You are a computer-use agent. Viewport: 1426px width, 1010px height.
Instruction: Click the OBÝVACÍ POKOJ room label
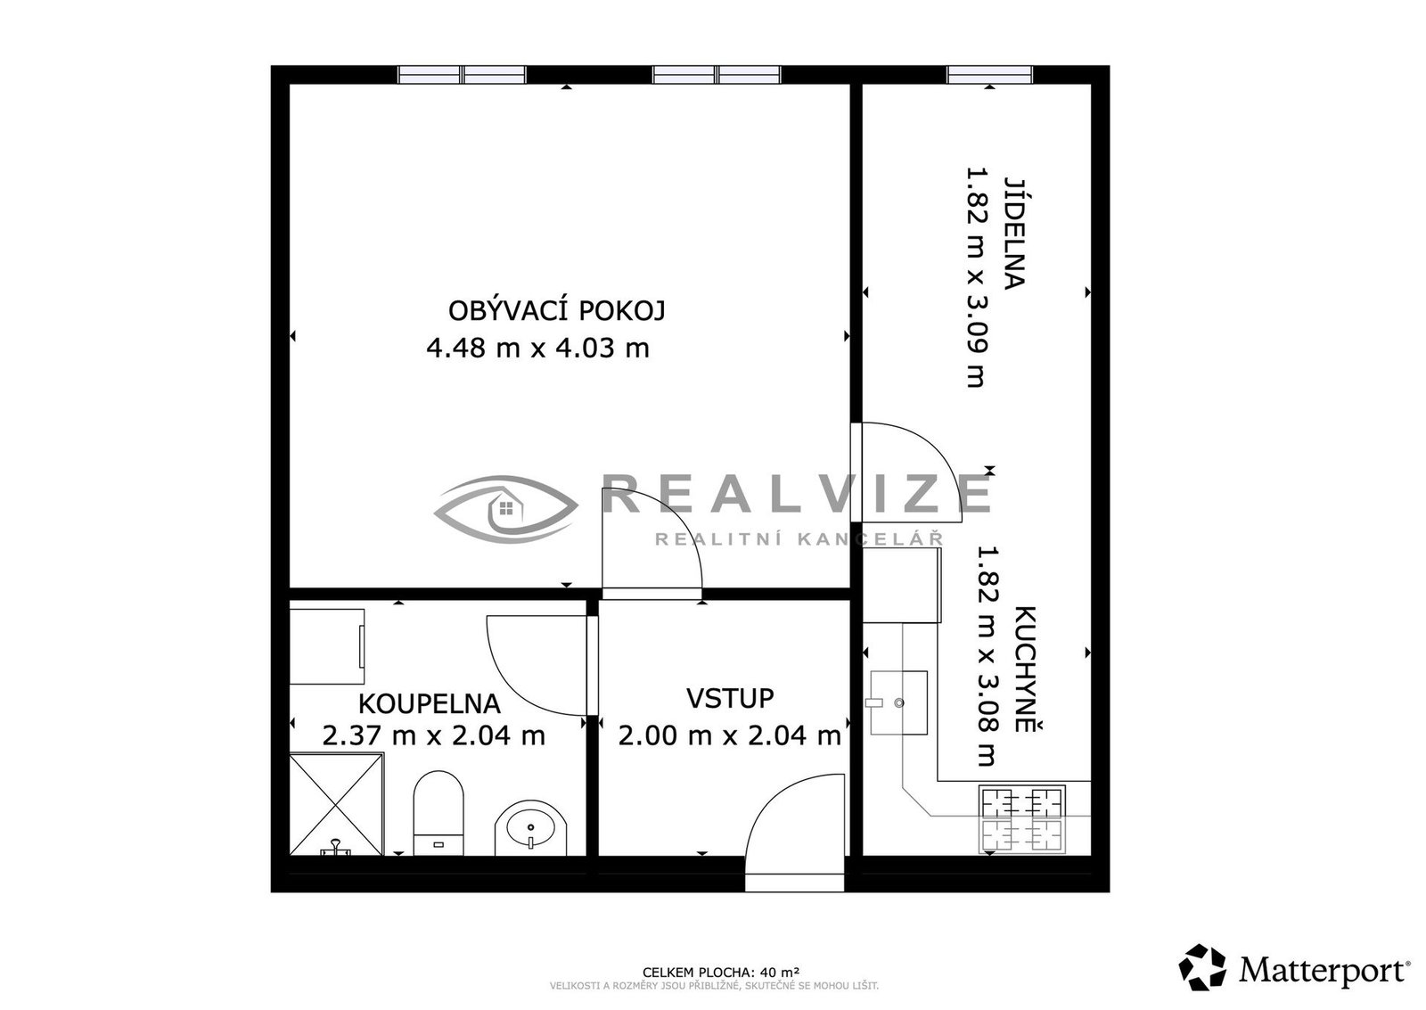[x=557, y=311]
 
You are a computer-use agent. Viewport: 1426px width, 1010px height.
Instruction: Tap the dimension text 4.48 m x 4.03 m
[x=538, y=349]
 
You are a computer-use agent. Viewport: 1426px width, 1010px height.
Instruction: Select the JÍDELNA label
[x=1015, y=233]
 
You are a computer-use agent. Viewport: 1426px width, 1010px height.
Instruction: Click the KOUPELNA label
[x=429, y=703]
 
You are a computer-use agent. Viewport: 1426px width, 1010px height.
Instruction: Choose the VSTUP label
[x=730, y=699]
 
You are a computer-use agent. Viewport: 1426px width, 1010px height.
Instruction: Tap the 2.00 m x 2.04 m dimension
[x=730, y=736]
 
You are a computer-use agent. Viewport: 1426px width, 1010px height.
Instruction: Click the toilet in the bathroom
[x=438, y=813]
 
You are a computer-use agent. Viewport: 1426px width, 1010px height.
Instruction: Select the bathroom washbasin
[x=531, y=828]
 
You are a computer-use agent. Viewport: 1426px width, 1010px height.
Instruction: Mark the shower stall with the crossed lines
[x=337, y=804]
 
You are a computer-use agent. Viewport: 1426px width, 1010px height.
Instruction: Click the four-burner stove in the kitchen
[x=1022, y=819]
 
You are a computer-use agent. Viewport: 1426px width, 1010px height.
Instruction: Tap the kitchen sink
[x=898, y=702]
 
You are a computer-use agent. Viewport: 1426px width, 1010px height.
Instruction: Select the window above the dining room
[x=989, y=75]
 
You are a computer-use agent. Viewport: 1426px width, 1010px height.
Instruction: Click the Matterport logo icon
[x=1202, y=967]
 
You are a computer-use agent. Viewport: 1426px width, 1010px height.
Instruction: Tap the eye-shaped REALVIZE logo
[x=506, y=509]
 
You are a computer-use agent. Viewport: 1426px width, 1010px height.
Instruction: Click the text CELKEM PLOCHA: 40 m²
[x=721, y=972]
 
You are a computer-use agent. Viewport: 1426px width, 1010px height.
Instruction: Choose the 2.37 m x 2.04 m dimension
[x=433, y=736]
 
